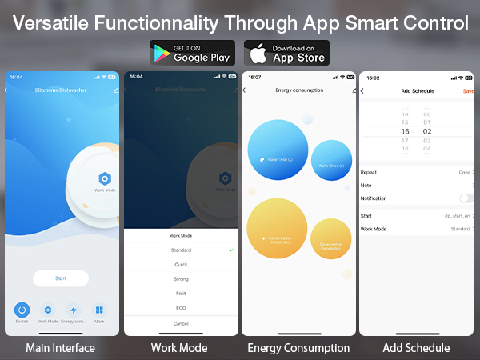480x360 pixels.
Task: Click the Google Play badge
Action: pos(192,53)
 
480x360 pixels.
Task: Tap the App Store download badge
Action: pos(286,53)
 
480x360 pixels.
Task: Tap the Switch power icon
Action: pos(22,310)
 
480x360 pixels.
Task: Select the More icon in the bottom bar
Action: pos(99,310)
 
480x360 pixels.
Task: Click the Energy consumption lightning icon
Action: pos(74,310)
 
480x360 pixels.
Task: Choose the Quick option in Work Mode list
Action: pos(181,265)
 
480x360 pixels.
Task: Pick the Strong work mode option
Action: pos(181,279)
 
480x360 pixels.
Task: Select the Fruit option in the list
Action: pos(181,294)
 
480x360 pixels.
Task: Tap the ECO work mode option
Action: pos(181,308)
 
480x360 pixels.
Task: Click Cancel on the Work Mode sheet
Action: pos(181,323)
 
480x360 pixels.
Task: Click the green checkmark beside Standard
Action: pos(231,250)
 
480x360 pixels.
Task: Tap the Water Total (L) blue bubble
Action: pos(278,150)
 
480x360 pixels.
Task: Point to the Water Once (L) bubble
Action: pos(331,160)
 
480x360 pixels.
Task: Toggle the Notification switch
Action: pos(466,198)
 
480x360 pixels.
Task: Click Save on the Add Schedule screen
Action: pos(468,91)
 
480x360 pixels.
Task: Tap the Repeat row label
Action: pos(369,172)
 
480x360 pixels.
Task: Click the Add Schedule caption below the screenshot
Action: pos(416,348)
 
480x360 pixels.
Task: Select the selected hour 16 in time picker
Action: pos(406,131)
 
